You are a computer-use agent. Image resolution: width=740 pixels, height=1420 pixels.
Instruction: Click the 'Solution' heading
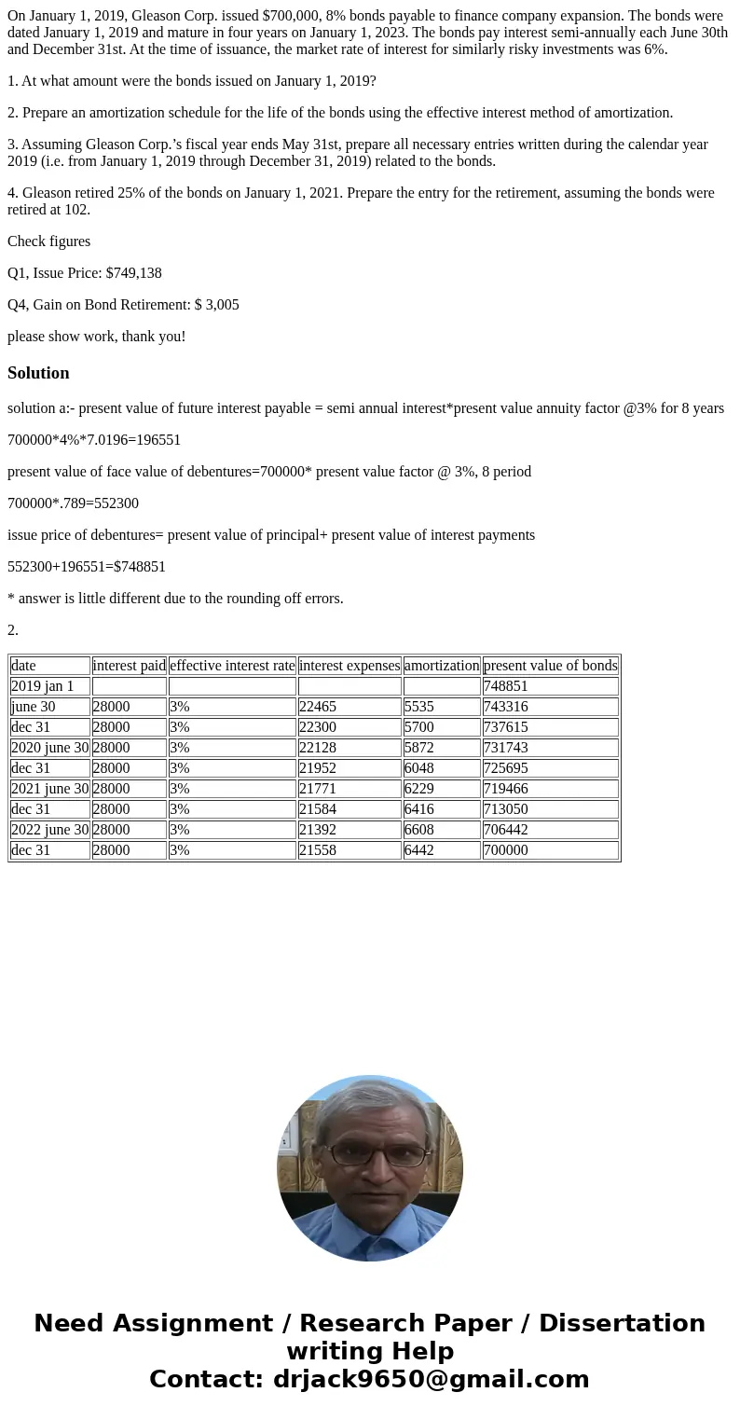pyautogui.click(x=38, y=373)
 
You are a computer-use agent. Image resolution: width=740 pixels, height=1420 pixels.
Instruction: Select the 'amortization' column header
pyautogui.click(x=442, y=666)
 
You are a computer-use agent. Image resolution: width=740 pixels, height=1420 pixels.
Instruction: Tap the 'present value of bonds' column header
pyautogui.click(x=550, y=666)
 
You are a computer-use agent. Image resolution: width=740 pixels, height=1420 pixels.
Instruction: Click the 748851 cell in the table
pyautogui.click(x=505, y=686)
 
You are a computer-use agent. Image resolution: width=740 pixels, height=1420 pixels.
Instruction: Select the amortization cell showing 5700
pyautogui.click(x=418, y=727)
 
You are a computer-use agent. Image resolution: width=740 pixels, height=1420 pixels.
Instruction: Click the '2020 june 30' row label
pyautogui.click(x=50, y=748)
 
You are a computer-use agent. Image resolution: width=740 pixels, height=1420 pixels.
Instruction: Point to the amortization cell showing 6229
pyautogui.click(x=418, y=789)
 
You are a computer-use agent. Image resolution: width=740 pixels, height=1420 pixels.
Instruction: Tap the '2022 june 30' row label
pyautogui.click(x=50, y=830)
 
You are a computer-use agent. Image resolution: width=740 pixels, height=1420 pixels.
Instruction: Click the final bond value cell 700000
pyautogui.click(x=505, y=850)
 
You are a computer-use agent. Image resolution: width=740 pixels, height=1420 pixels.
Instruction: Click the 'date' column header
pyautogui.click(x=23, y=666)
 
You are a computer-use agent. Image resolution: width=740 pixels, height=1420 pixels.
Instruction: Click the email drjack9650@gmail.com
pyautogui.click(x=431, y=1379)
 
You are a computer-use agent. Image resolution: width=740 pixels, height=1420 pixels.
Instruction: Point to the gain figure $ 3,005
pyautogui.click(x=216, y=305)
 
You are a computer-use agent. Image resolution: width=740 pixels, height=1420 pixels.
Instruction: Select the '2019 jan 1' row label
pyautogui.click(x=43, y=686)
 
